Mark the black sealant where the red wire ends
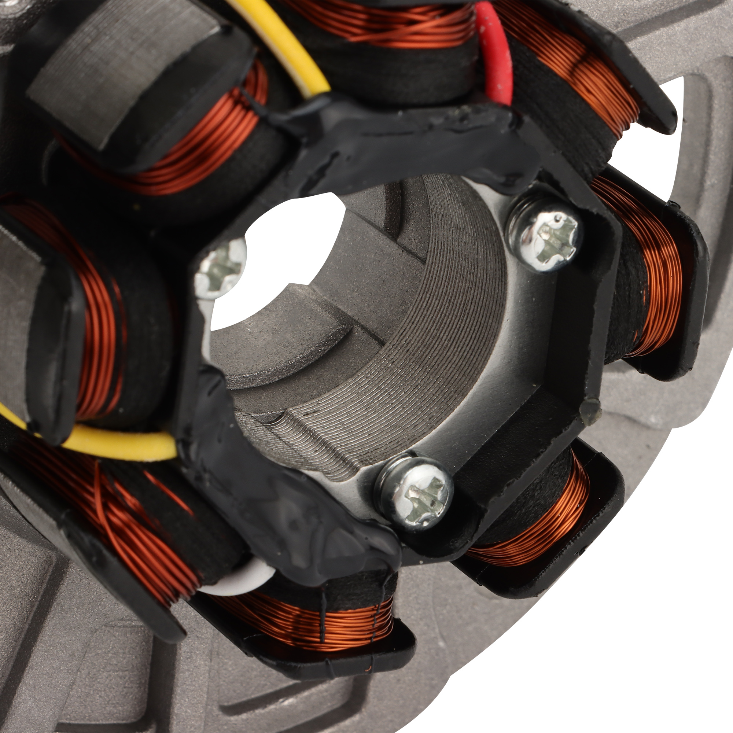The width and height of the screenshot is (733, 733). tap(493, 114)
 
